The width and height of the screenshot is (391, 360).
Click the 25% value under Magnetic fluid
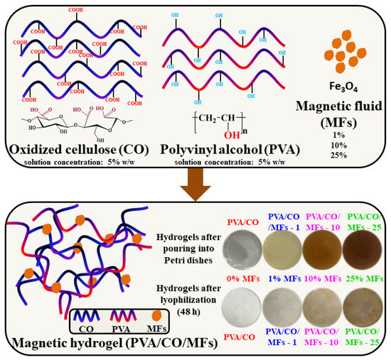coord(337,136)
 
